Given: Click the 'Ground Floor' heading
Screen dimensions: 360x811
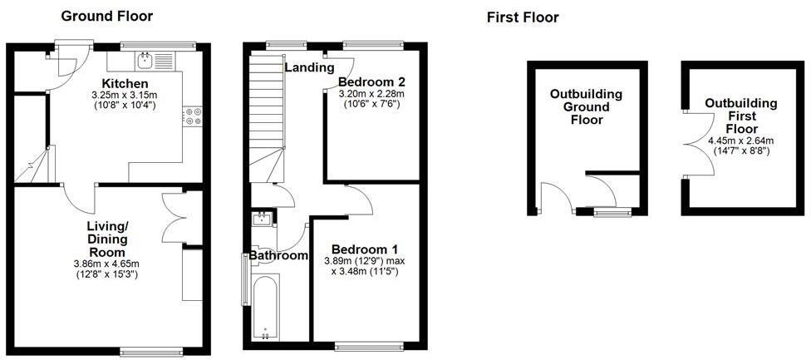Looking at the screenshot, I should pos(107,16).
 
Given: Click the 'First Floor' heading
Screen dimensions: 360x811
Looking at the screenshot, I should pos(523,17).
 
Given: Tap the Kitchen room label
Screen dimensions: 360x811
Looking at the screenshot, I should pos(125,84).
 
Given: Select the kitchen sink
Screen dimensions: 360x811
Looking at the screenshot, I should pos(146,59).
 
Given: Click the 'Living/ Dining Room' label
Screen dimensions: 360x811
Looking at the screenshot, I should pos(107,239).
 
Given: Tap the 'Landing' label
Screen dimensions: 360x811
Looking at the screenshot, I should pos(309,67).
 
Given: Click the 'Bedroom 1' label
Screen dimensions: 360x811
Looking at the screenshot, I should pos(365,249).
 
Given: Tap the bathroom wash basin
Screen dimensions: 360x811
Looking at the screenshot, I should pos(263,219).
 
